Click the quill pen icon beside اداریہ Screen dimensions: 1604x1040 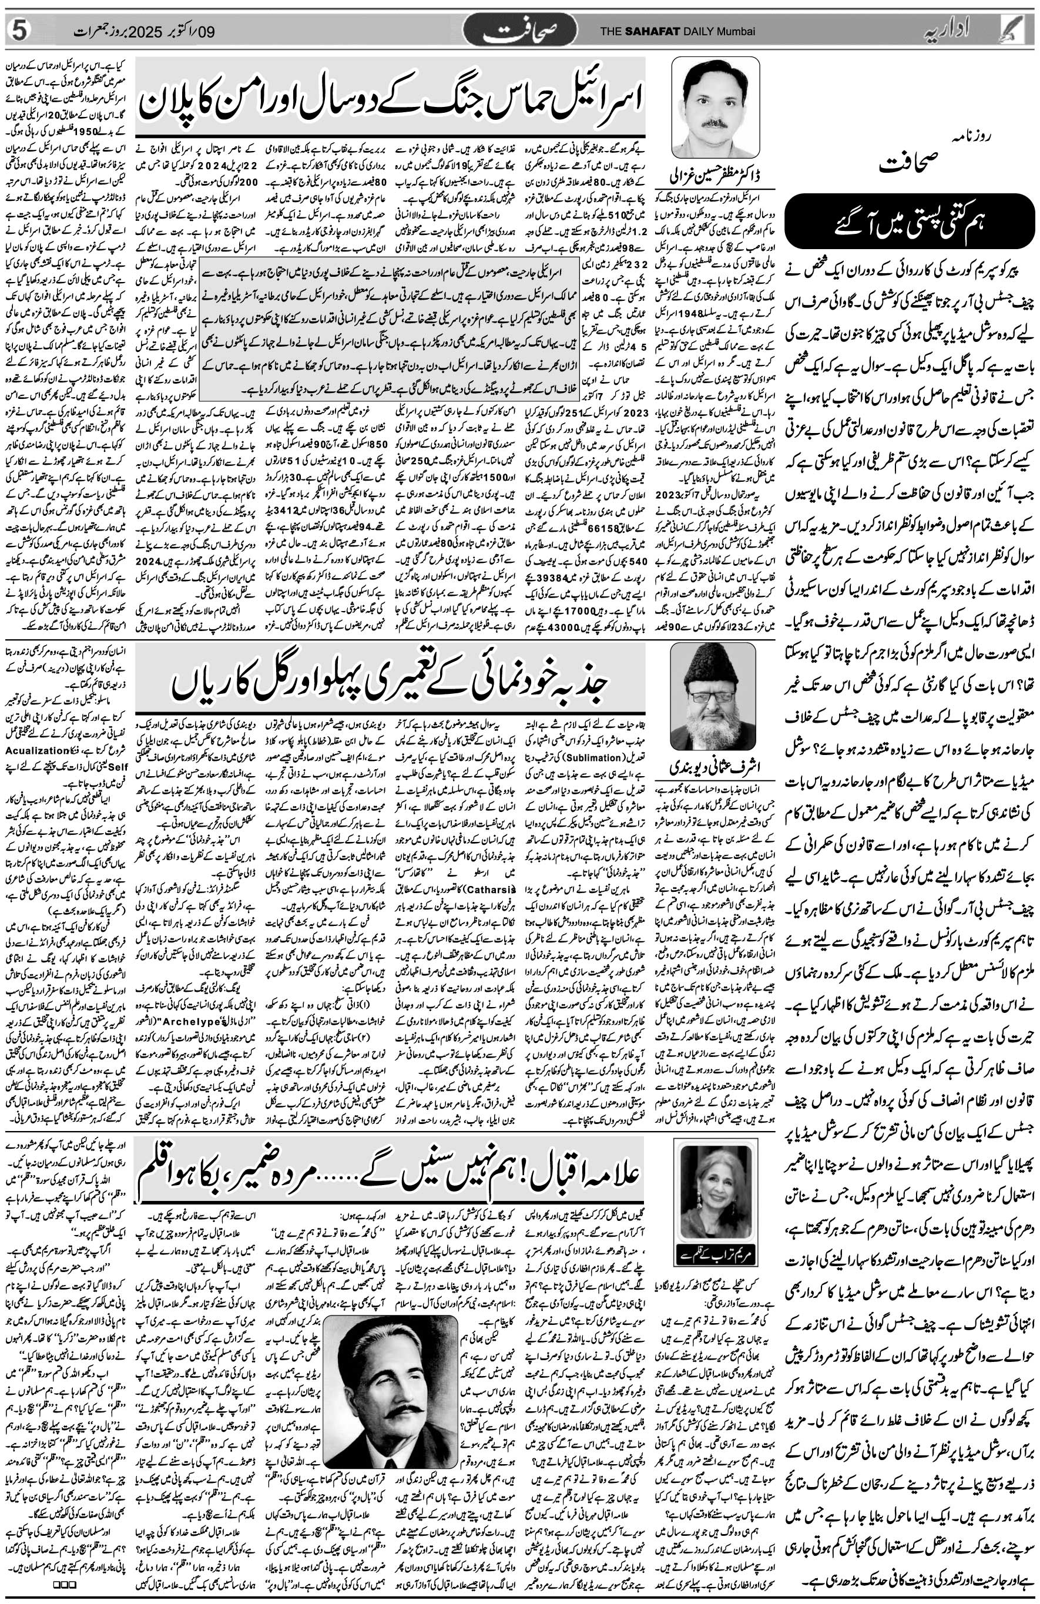(x=1023, y=29)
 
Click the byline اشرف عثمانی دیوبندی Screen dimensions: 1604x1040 (x=714, y=766)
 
